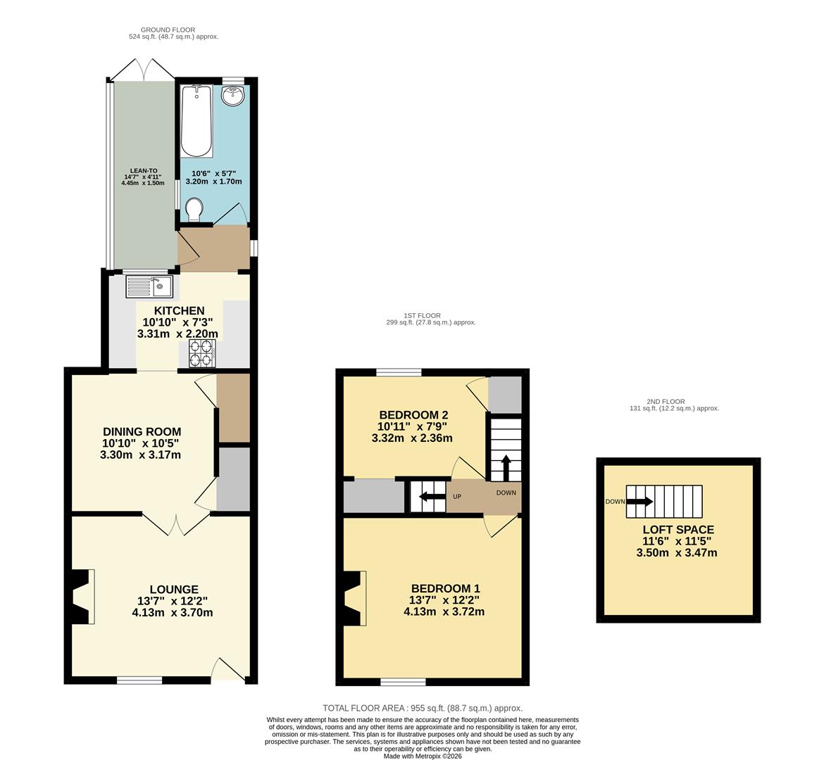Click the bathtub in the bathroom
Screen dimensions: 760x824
196,121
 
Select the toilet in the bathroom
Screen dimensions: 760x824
195,209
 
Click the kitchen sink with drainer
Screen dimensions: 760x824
149,286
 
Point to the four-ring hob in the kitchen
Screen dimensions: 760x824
201,354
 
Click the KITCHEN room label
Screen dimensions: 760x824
179,310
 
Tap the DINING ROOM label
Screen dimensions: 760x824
142,431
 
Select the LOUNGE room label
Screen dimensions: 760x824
173,589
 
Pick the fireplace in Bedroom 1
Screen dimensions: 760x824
354,598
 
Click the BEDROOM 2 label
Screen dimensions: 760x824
413,414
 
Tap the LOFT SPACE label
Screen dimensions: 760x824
678,530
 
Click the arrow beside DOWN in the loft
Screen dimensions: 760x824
639,502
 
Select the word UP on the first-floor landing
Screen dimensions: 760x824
456,497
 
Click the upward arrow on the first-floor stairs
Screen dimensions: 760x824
506,467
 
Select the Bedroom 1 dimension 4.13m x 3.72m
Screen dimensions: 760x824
444,612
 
